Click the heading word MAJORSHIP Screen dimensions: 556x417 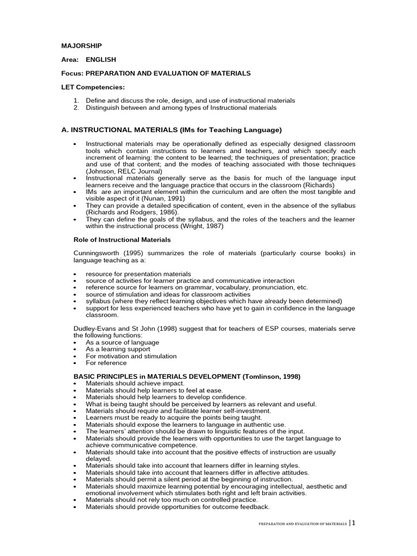pyautogui.click(x=81, y=46)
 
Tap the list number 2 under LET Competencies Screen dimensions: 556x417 pyautogui.click(x=76, y=108)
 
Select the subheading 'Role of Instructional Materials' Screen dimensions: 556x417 pyautogui.click(x=122, y=239)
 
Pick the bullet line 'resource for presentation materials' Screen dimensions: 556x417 pyautogui.click(x=138, y=274)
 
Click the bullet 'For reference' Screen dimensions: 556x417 pyautogui.click(x=106, y=363)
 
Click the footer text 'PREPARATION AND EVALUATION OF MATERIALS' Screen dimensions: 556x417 pyautogui.click(x=302, y=525)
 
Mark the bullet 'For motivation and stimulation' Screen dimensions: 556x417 pyautogui.click(x=131, y=356)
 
